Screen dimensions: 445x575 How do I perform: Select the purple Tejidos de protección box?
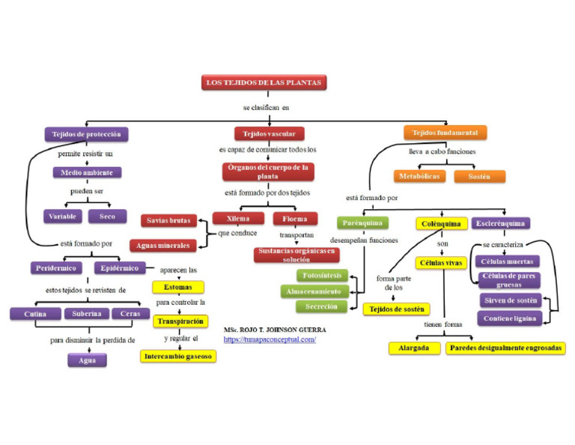86,135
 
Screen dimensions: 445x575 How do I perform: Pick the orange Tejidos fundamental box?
445,133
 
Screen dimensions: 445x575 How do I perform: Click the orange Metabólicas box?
419,176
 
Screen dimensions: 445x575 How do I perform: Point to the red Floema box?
295,219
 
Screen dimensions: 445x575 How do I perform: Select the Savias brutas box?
168,221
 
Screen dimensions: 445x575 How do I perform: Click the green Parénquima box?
362,222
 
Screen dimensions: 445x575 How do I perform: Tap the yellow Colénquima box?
441,223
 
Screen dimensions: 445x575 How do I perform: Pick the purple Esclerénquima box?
501,223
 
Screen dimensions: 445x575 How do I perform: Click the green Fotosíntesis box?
322,276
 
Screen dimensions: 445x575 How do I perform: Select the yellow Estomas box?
178,287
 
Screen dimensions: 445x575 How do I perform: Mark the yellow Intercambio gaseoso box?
178,357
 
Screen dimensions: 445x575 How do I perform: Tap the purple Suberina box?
87,314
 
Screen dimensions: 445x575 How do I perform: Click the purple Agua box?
87,360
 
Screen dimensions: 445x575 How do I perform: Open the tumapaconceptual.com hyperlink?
270,339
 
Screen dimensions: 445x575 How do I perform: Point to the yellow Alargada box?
413,348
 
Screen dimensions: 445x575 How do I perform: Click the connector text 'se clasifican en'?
265,107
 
